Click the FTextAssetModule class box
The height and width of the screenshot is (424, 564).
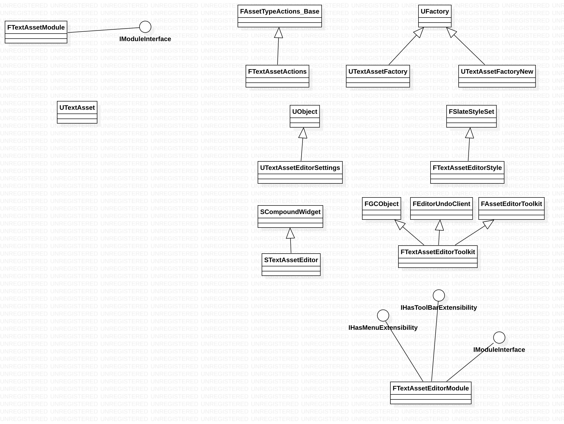click(36, 32)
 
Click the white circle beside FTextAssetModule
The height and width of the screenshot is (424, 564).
click(145, 27)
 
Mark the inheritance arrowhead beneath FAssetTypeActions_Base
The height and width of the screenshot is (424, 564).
click(279, 33)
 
